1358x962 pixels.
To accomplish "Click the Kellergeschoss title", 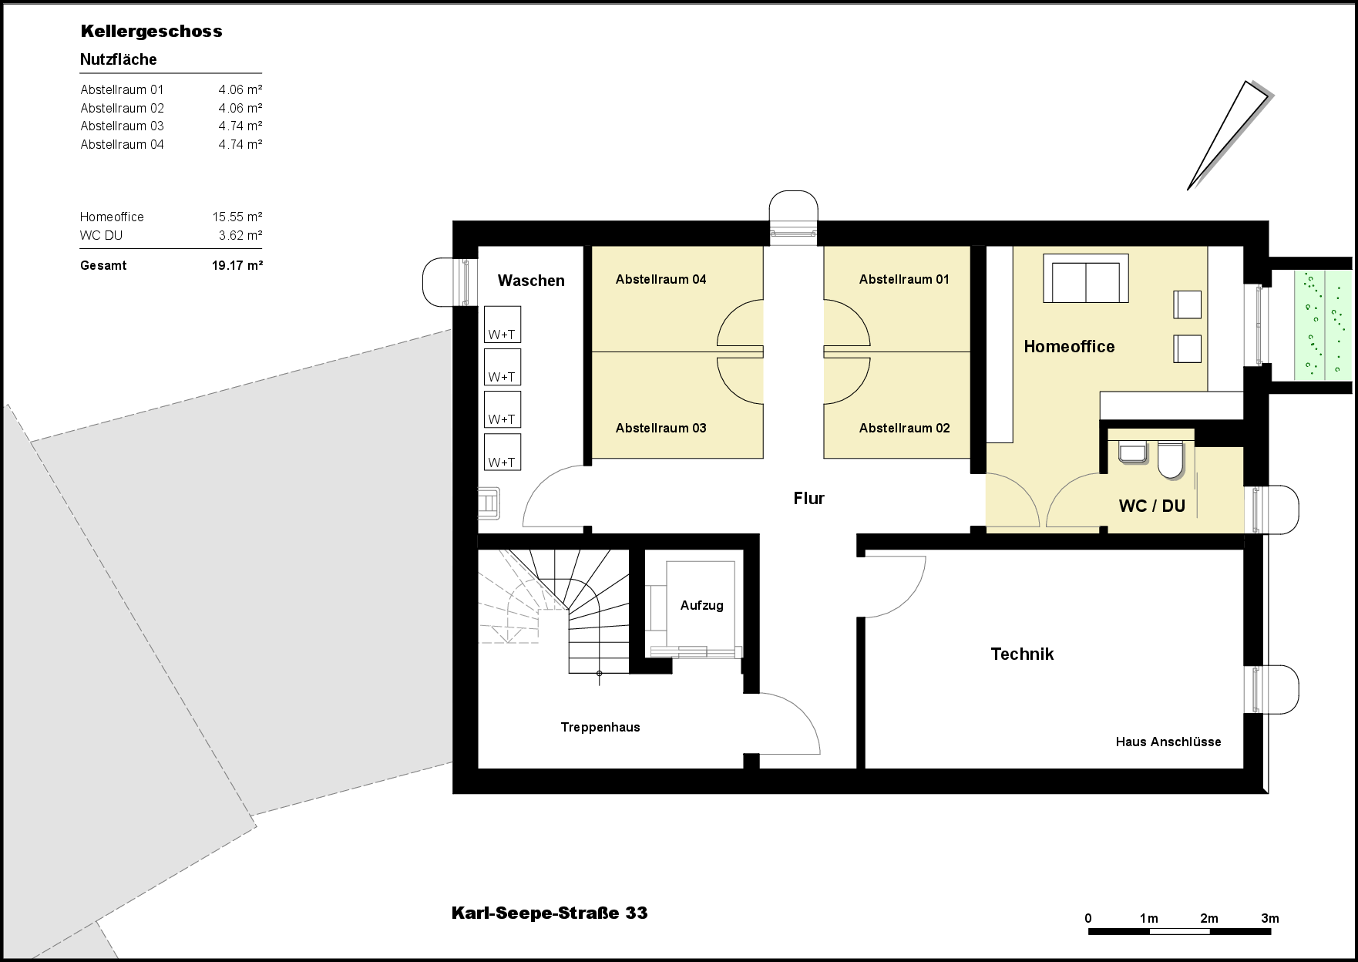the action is tap(151, 32).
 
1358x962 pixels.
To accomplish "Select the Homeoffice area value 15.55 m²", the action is tap(237, 217).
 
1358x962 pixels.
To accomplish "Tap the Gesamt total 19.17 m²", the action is tap(237, 266).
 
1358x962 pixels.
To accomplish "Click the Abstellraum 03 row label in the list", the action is tap(123, 126).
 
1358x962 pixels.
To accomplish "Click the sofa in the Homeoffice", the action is tap(1086, 279).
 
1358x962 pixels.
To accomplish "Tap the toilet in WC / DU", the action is tap(1169, 460).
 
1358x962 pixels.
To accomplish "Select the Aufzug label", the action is tap(701, 606).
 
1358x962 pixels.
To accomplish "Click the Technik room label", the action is tap(1022, 654).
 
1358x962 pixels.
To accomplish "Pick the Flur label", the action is tap(809, 499).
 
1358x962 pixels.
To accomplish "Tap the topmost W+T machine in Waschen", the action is tap(502, 325).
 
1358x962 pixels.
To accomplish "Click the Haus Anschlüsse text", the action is tap(1168, 742).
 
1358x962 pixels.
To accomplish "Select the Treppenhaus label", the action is tap(600, 728).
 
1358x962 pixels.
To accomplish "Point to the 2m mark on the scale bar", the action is tap(1209, 919).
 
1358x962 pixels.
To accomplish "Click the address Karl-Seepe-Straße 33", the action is tap(550, 913).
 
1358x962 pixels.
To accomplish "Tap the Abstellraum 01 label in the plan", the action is tap(904, 280).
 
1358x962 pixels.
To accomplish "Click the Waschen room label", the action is tap(531, 281).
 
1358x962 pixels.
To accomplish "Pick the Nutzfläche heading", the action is tap(119, 60).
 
